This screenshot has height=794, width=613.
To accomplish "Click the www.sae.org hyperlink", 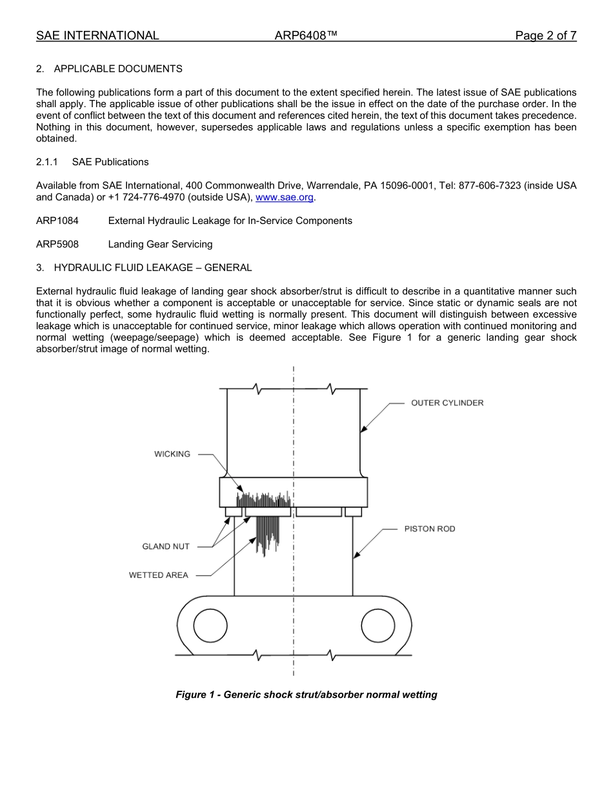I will point(285,198).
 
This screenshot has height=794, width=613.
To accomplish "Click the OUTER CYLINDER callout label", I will point(447,403).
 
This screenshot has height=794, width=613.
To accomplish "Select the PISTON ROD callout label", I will point(430,529).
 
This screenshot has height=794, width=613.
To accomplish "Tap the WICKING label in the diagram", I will point(172,454).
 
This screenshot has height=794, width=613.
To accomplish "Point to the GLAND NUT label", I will point(166,546).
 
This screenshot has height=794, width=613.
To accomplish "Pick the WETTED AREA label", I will point(159,575).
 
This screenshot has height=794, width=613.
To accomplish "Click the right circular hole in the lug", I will point(377,626).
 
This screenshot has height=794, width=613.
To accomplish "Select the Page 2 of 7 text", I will point(545,36).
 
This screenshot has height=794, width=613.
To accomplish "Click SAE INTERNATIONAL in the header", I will point(97,36).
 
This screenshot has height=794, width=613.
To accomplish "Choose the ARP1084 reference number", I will point(57,221).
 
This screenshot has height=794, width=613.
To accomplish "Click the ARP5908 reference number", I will point(57,244).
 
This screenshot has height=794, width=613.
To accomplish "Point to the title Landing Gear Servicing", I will point(160,244).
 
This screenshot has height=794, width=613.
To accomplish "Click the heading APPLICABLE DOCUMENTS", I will point(118,68).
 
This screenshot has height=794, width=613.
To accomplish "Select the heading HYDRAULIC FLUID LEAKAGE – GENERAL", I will point(153,267).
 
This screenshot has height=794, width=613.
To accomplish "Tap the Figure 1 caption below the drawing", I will point(306,695).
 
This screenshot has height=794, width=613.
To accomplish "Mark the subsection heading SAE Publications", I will point(110,162).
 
